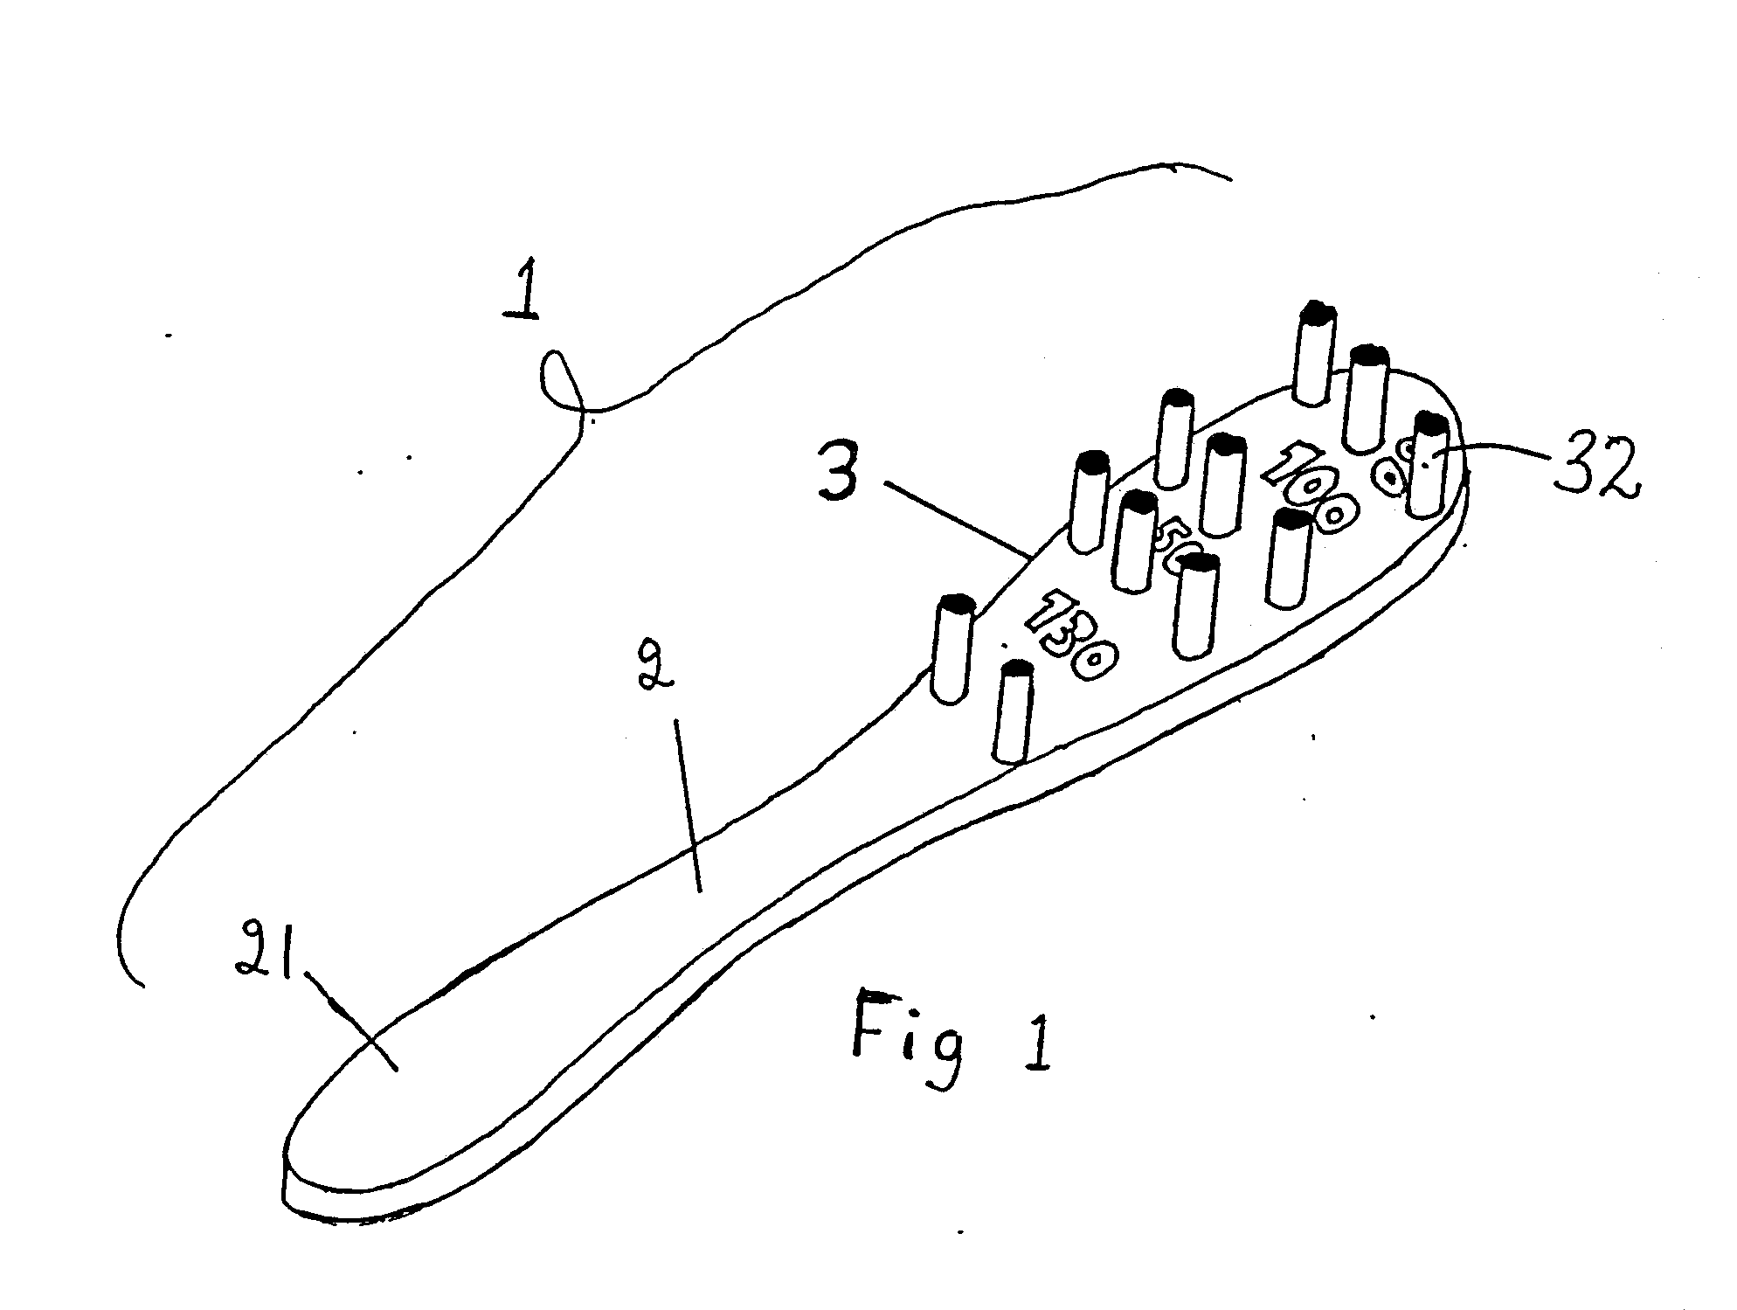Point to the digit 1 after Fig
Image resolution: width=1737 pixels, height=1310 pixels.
pos(1036,1040)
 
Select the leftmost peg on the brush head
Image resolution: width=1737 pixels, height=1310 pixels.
pos(952,648)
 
